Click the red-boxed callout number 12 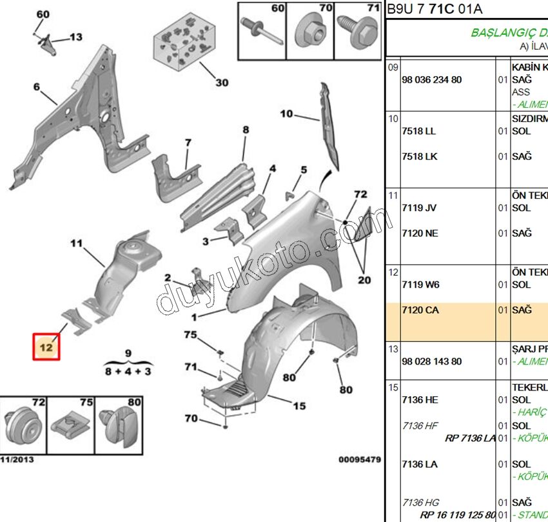pos(47,347)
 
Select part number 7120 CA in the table pos(419,310)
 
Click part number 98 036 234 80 pos(431,79)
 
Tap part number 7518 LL pos(418,131)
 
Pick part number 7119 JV pos(418,208)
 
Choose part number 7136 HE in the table pos(419,400)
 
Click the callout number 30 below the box pos(221,83)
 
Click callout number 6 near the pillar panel pos(36,87)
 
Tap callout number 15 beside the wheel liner pos(299,406)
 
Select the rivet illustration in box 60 pos(262,30)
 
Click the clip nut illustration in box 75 pos(70,424)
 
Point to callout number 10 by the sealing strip pos(286,114)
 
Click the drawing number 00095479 pos(359,460)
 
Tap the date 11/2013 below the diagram pos(17,460)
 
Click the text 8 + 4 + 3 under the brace pos(128,371)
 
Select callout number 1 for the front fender pos(195,317)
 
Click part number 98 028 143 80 pos(431,361)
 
